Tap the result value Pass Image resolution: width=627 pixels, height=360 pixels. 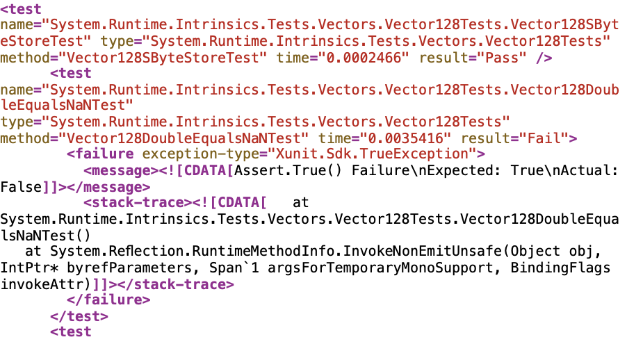point(498,58)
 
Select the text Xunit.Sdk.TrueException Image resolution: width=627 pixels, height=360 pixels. point(373,154)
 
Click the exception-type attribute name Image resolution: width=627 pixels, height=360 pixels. point(200,154)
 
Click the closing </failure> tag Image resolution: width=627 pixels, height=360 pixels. point(108,300)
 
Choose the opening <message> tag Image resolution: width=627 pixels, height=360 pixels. point(122,170)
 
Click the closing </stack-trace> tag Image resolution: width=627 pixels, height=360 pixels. point(176,284)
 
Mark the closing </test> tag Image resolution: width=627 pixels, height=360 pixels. point(79,316)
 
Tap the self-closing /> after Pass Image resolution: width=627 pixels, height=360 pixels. point(544,58)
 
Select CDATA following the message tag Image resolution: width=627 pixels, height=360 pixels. point(205,170)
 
